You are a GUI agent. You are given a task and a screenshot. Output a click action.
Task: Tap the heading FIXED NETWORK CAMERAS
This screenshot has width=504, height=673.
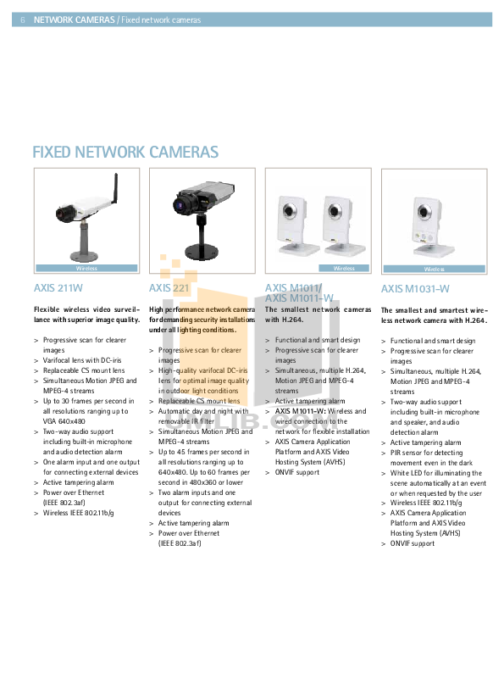click(x=125, y=153)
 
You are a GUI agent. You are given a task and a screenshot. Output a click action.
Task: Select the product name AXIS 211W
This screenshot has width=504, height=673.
click(x=58, y=288)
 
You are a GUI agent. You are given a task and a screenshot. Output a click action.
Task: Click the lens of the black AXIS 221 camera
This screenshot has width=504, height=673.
click(x=181, y=204)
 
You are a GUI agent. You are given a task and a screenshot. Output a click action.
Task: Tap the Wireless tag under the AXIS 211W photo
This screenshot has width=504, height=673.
click(x=86, y=268)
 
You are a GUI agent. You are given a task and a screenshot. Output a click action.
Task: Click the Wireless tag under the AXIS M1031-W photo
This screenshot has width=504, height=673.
click(x=434, y=268)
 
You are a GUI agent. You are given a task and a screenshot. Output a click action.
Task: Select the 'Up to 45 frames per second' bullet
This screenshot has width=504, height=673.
click(x=203, y=452)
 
